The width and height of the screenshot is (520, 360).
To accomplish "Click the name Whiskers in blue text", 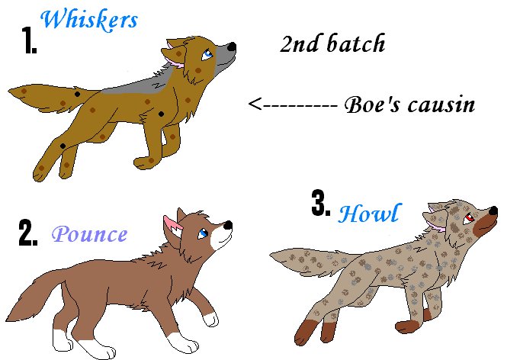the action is (x=89, y=20).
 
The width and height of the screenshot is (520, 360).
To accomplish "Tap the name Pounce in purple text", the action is (x=89, y=233).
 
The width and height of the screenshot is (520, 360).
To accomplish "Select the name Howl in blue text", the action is (x=370, y=214).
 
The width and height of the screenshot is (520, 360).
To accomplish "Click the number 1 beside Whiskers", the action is (x=29, y=40).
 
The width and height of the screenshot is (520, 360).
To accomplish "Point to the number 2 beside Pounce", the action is (x=28, y=233).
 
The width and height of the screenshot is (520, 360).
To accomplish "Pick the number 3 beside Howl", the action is (x=321, y=203).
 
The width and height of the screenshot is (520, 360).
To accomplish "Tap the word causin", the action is (x=441, y=104).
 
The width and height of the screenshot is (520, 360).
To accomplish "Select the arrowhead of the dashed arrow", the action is (x=254, y=104).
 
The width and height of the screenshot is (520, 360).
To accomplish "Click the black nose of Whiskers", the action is (x=232, y=47).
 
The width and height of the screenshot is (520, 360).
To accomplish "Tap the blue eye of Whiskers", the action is (x=207, y=54).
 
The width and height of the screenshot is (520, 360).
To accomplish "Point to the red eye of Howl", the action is (x=469, y=218).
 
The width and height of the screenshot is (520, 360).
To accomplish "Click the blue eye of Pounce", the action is (x=203, y=233).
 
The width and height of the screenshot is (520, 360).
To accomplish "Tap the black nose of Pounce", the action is (x=228, y=225).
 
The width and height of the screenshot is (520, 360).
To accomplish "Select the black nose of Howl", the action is (x=493, y=211).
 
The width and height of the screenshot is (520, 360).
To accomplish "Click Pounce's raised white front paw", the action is (x=210, y=319).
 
